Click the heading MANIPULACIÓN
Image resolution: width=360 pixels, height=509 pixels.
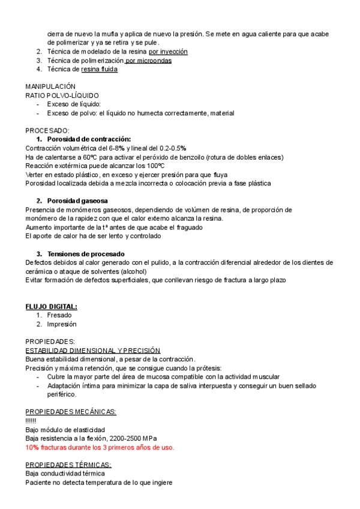pos(50,86)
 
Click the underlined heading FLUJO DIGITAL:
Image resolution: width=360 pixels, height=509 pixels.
pos(51,307)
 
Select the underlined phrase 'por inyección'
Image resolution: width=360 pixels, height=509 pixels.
pos(168,52)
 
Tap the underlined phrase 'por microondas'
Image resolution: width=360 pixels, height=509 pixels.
pos(149,61)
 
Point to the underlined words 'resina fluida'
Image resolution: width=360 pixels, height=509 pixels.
pos(99,69)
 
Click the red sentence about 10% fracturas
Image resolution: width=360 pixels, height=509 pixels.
pos(100,447)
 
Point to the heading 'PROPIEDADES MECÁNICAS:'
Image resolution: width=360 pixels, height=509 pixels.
pos(71,412)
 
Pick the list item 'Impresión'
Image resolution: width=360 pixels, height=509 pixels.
pos(62,324)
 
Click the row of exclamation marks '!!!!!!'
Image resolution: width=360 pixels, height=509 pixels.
pos(31,421)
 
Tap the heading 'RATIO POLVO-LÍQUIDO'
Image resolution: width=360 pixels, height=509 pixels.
pos(62,95)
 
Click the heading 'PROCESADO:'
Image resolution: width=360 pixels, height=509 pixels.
pos(47,130)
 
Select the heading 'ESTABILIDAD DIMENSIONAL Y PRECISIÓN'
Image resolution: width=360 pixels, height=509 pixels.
pos(92,350)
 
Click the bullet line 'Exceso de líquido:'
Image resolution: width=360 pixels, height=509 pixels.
pos(74,104)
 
